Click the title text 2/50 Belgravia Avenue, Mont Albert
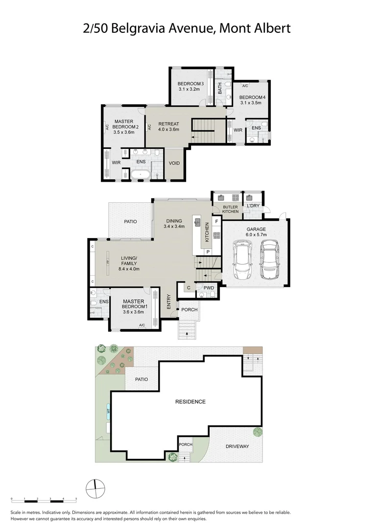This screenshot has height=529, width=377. point(187,28)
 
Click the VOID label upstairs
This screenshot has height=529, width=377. point(174,163)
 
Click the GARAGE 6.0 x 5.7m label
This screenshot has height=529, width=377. point(256,232)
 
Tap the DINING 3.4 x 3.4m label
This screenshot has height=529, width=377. point(174,224)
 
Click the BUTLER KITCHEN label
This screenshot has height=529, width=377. point(230,209)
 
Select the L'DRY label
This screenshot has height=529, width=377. point(253,206)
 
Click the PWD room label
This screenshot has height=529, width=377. point(209,288)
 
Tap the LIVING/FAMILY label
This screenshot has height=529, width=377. point(129,264)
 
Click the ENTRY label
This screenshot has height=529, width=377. point(168,301)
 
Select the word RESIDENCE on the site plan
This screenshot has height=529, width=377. point(190,402)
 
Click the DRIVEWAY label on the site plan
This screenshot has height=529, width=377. point(237,446)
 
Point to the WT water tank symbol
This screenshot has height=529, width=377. point(109,412)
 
